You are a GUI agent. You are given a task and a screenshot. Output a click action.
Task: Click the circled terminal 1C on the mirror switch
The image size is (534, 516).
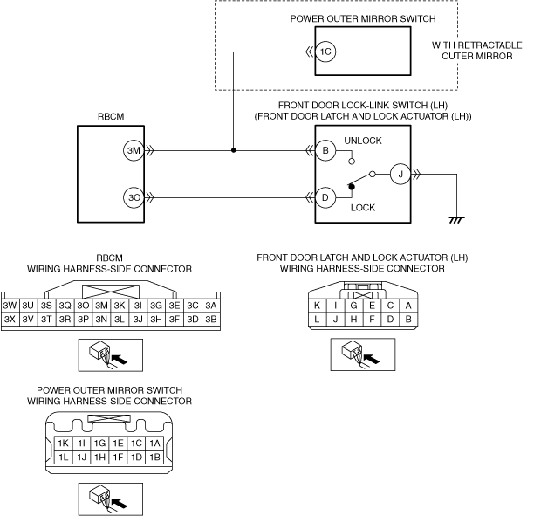pyautogui.click(x=325, y=52)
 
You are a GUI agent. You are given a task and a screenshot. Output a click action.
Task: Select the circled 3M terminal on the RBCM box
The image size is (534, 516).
pyautogui.click(x=133, y=150)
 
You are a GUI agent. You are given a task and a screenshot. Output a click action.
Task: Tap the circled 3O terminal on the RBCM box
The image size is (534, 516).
pyautogui.click(x=133, y=197)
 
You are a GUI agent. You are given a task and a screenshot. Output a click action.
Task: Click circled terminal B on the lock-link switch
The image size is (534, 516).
pyautogui.click(x=325, y=150)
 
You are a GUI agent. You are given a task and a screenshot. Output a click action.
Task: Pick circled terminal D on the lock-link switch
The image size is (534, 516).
pyautogui.click(x=325, y=197)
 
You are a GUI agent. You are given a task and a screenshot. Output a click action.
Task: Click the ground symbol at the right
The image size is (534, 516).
pyautogui.click(x=455, y=219)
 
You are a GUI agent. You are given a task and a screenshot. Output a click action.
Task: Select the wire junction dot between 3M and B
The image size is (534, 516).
pyautogui.click(x=233, y=150)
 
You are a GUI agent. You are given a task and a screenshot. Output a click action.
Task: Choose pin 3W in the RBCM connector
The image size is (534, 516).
pyautogui.click(x=10, y=306)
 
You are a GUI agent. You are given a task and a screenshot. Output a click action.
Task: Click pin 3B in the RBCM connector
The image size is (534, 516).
pyautogui.click(x=210, y=320)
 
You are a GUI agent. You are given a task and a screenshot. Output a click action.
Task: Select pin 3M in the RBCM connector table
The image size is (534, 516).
pyautogui.click(x=101, y=306)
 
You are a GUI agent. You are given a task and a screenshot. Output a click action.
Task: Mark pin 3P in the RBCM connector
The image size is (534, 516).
pyautogui.click(x=83, y=320)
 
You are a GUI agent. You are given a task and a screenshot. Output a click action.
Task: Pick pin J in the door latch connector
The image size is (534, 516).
pyautogui.click(x=335, y=320)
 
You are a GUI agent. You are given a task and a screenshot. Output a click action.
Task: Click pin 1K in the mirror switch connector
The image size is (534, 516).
pyautogui.click(x=63, y=444)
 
